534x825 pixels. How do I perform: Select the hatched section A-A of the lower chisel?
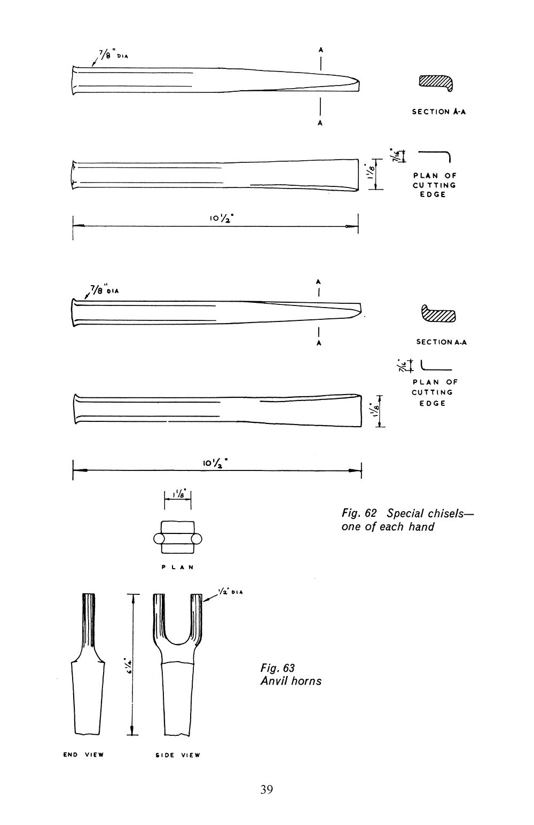tap(438, 313)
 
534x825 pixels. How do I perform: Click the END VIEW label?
tap(84, 755)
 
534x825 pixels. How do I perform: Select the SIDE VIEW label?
tap(178, 755)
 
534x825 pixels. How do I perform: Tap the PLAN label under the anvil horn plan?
tap(178, 567)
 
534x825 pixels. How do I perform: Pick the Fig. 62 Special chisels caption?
tap(407, 520)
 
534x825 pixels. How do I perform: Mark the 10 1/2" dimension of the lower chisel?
tap(215, 462)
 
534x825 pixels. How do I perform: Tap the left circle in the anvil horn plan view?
tap(159, 539)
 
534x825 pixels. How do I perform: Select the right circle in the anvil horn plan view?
tap(197, 539)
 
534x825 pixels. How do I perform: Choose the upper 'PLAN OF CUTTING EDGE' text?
tap(434, 185)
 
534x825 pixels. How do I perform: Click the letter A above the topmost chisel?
tap(320, 50)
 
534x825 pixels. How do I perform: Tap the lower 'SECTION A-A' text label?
tap(442, 342)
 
